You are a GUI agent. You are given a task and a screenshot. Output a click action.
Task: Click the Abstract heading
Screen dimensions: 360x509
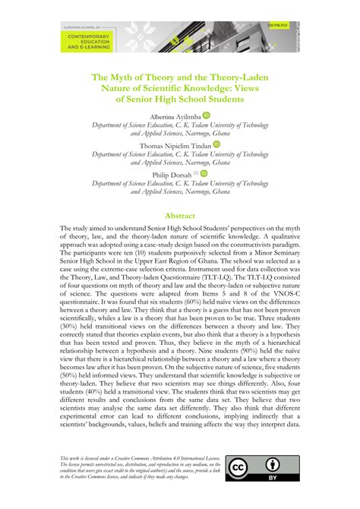(x=180, y=216)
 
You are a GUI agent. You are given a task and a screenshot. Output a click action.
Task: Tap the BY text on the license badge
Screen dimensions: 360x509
(x=272, y=480)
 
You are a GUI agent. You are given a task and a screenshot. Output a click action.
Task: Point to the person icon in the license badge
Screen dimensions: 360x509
(x=272, y=463)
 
